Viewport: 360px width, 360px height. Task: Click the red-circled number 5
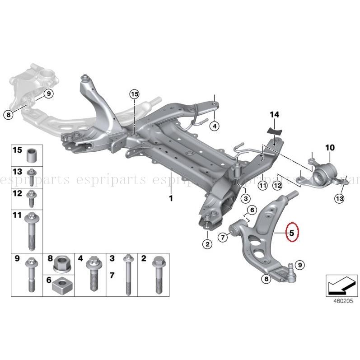292,233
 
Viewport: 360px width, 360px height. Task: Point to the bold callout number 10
330,148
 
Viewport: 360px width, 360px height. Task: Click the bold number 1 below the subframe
171,198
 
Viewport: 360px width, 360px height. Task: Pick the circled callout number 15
134,94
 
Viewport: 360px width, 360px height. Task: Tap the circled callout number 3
245,199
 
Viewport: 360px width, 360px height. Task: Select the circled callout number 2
207,245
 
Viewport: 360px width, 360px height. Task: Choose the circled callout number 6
252,210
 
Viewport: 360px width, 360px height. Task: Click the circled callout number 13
339,197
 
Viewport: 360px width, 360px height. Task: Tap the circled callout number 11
262,185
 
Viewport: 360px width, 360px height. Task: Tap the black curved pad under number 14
274,131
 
